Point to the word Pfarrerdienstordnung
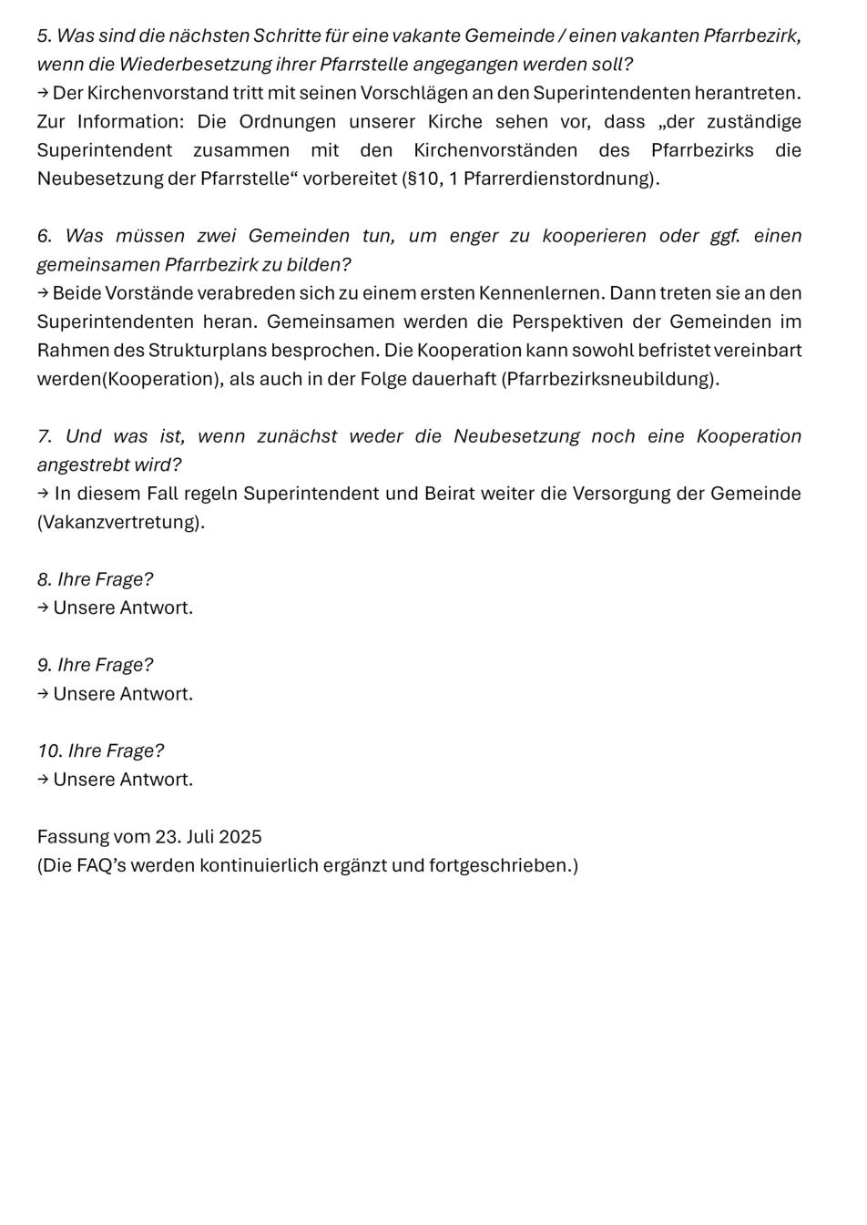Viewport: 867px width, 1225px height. coord(558,179)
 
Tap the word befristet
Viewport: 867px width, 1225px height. coord(673,351)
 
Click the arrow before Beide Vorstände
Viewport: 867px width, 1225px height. coord(43,293)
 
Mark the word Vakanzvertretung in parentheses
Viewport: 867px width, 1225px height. coord(120,523)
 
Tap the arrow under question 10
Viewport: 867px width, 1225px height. coord(43,780)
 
